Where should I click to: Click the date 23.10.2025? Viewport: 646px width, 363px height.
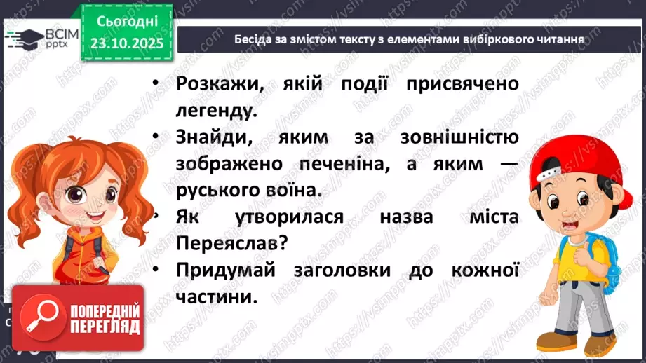pos(126,43)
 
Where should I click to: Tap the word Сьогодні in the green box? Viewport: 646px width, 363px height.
pos(126,21)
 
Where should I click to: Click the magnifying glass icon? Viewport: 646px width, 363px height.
pos(34,319)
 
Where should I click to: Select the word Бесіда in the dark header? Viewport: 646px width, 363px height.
pos(256,39)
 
